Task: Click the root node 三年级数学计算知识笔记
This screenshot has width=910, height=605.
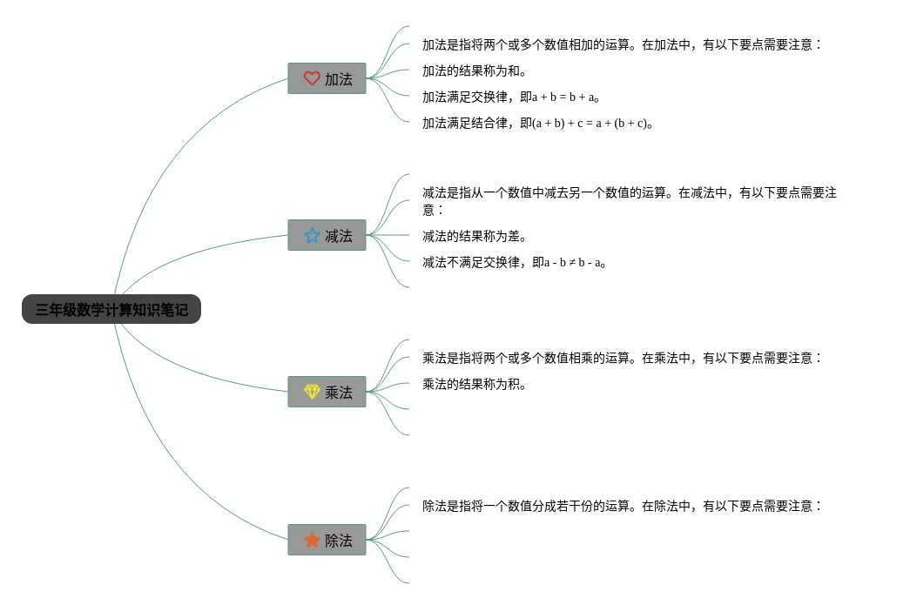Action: pyautogui.click(x=111, y=309)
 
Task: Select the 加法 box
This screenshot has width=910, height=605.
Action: pyautogui.click(x=327, y=78)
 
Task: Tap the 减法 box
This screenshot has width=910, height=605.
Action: pyautogui.click(x=327, y=235)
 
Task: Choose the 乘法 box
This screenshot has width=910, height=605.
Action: pyautogui.click(x=327, y=392)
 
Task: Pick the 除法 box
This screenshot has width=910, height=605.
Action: pyautogui.click(x=327, y=540)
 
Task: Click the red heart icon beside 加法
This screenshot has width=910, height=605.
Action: pyautogui.click(x=312, y=78)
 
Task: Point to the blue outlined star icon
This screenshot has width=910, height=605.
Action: pyautogui.click(x=312, y=235)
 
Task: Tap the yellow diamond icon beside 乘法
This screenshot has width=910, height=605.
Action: pyautogui.click(x=312, y=392)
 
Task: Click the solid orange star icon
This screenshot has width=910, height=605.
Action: pyautogui.click(x=312, y=540)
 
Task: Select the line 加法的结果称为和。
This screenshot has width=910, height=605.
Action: pyautogui.click(x=474, y=71)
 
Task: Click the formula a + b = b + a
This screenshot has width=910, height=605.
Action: pyautogui.click(x=563, y=97)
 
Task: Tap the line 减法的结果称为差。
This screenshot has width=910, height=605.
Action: pyautogui.click(x=474, y=236)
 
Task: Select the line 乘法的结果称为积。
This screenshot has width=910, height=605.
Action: pyautogui.click(x=474, y=384)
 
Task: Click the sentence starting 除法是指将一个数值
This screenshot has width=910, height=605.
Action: pyautogui.click(x=622, y=506)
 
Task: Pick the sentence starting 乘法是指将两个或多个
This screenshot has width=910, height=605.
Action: pyautogui.click(x=622, y=358)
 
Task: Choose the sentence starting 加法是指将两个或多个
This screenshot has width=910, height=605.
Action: pyautogui.click(x=622, y=44)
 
